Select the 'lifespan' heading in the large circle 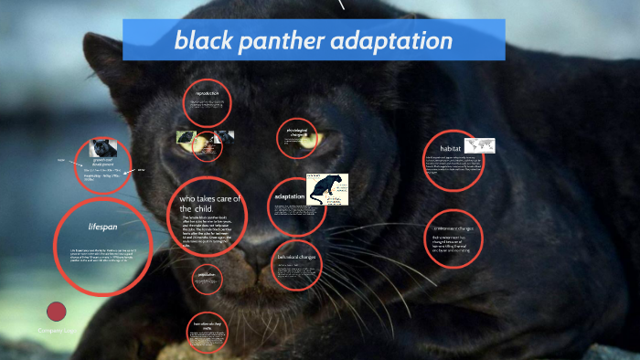pos(102,227)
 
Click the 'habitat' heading pos(450,148)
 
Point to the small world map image pos(479,145)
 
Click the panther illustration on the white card pos(326,188)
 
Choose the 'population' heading pos(208,272)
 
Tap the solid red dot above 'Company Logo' pos(57,312)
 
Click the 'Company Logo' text pos(57,330)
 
